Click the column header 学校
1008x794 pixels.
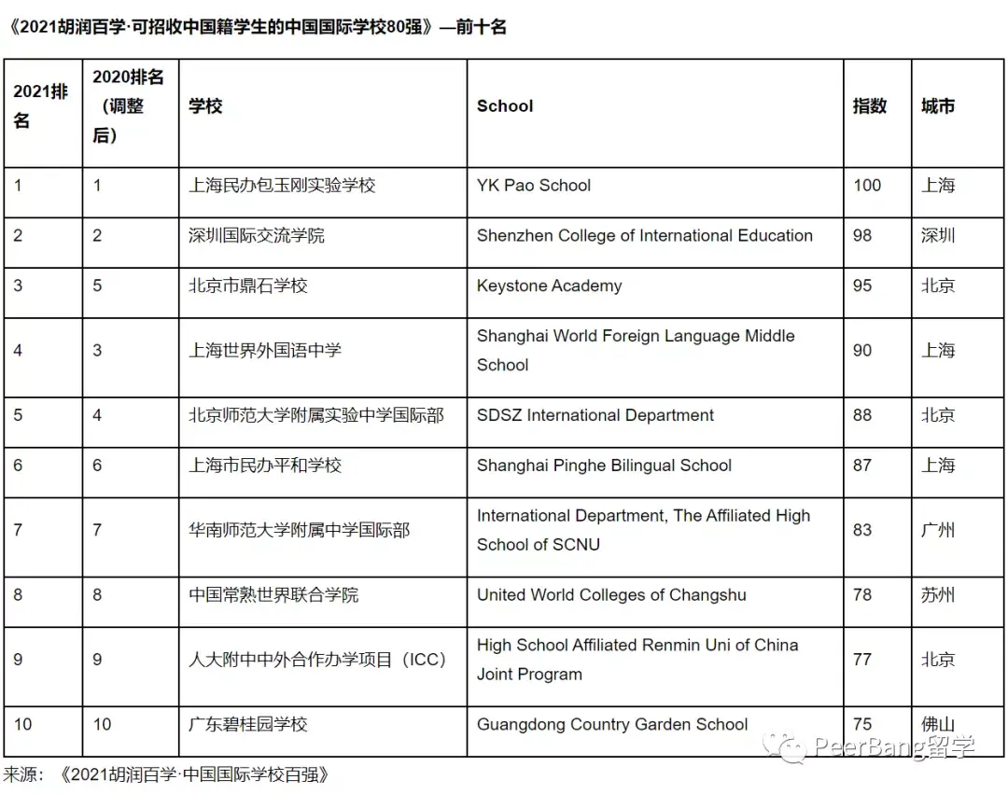tap(205, 106)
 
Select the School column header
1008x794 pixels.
tap(505, 106)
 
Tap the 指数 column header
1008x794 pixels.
tap(869, 106)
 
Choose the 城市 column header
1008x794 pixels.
tap(938, 106)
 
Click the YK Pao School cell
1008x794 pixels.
tap(534, 186)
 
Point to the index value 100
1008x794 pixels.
tap(867, 186)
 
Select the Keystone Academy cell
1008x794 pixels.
tap(549, 286)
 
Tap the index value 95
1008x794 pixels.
tap(862, 286)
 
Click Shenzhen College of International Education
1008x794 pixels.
tap(644, 236)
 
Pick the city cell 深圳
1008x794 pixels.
tap(938, 236)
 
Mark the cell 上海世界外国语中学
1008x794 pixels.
tap(265, 351)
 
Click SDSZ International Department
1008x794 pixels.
tap(595, 415)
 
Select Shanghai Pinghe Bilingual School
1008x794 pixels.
tap(604, 466)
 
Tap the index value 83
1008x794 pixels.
tap(862, 530)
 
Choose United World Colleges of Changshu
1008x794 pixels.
tap(611, 595)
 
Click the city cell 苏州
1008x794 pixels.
tap(938, 595)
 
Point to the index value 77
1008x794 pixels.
tap(862, 660)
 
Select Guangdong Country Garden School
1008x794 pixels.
tap(612, 724)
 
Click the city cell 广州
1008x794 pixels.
tap(938, 530)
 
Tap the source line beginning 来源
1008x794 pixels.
tap(167, 774)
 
